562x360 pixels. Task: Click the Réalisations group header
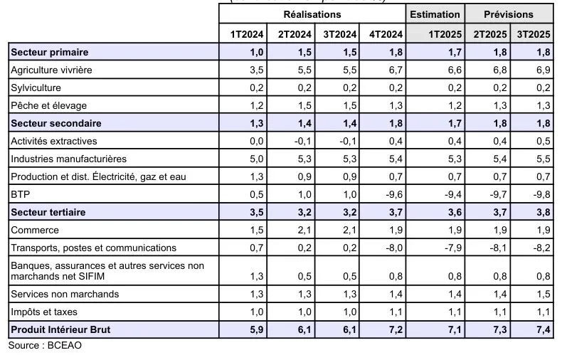coord(312,14)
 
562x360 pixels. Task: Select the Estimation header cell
coord(435,14)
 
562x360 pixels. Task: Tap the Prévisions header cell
coord(509,14)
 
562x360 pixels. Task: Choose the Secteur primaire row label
coord(49,53)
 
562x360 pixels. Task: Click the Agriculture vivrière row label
coord(51,70)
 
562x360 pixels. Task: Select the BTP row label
coord(19,194)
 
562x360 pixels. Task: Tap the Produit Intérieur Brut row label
coord(61,330)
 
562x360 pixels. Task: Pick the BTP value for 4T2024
coord(393,194)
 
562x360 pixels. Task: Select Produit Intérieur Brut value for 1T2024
coord(253,330)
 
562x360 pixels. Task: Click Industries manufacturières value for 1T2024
coord(254,159)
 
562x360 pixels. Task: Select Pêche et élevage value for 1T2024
coord(254,105)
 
